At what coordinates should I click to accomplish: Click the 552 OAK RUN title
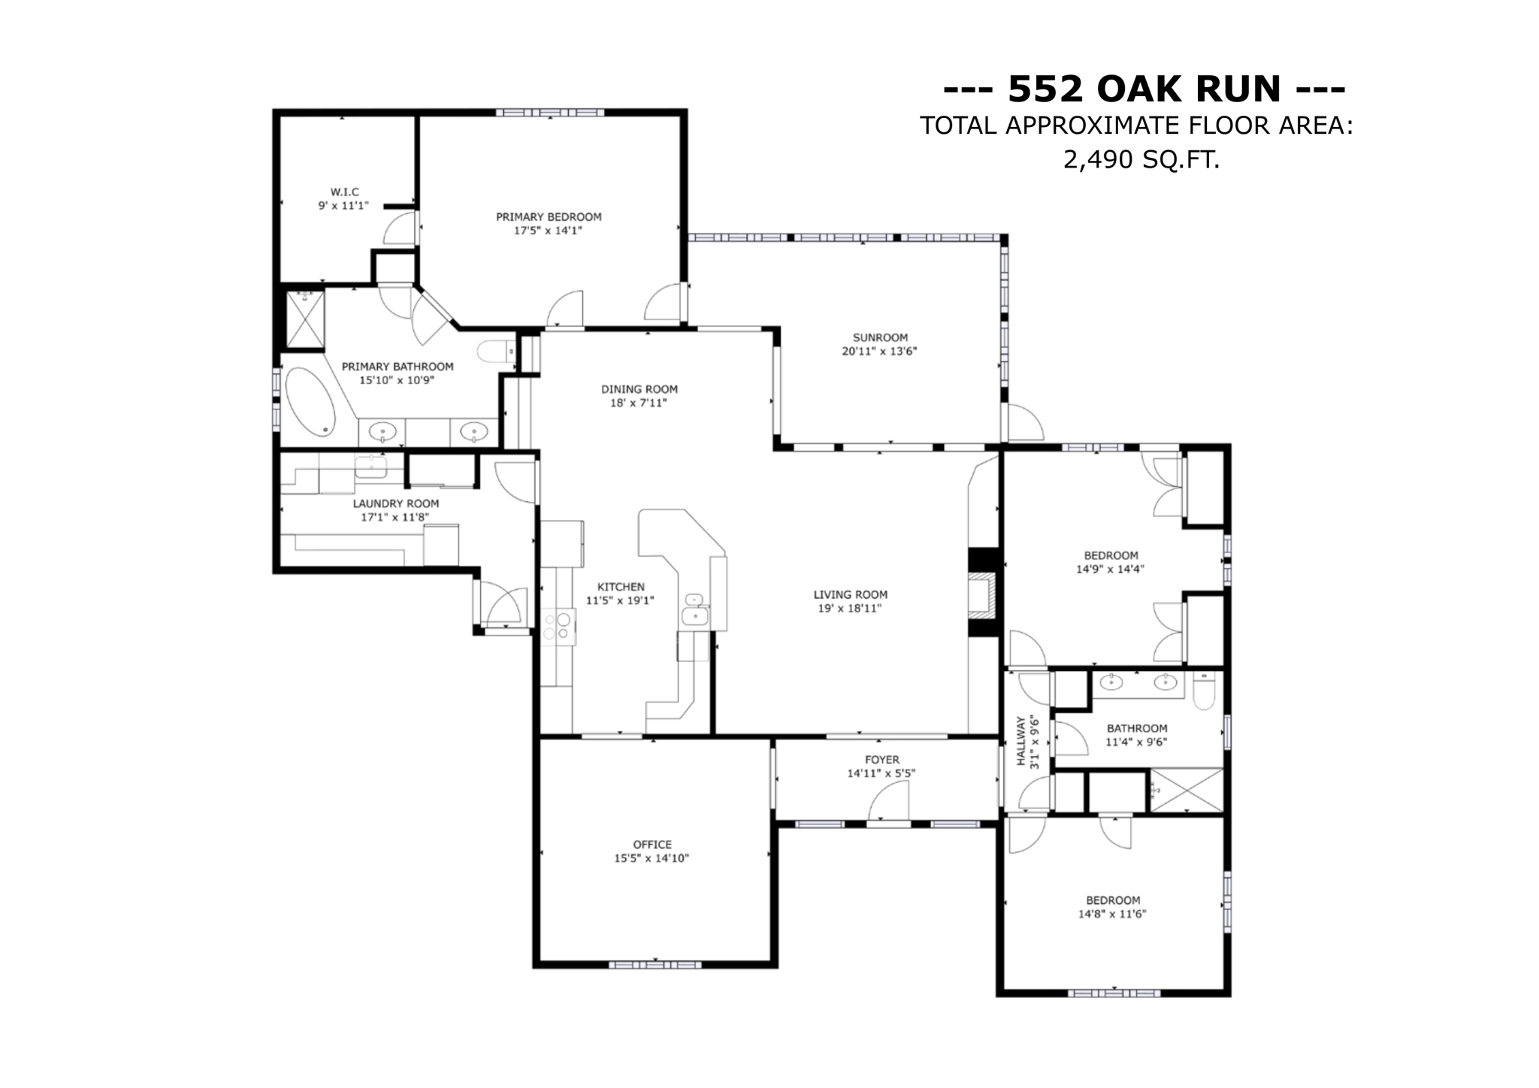(1144, 89)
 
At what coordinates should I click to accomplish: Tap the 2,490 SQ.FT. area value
(1141, 159)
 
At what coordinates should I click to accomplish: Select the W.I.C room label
(344, 192)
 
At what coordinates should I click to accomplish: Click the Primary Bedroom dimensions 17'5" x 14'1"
(548, 231)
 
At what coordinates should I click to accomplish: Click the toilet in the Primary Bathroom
(495, 352)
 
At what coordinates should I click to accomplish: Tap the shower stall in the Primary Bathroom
(305, 319)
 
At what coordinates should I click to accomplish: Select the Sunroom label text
(879, 337)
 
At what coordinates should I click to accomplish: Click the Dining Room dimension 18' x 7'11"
(638, 403)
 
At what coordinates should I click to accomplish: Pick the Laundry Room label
(395, 503)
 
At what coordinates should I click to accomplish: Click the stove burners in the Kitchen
(557, 627)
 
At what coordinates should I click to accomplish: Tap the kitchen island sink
(695, 616)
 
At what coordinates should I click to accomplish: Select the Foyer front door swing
(890, 802)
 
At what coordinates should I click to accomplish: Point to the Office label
(652, 845)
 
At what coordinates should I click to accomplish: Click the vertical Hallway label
(1020, 741)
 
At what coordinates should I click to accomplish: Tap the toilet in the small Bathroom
(1203, 691)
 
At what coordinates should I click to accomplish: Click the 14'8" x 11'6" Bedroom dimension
(1111, 914)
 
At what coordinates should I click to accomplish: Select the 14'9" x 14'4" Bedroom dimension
(1109, 570)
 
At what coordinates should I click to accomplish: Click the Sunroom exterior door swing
(1024, 424)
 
